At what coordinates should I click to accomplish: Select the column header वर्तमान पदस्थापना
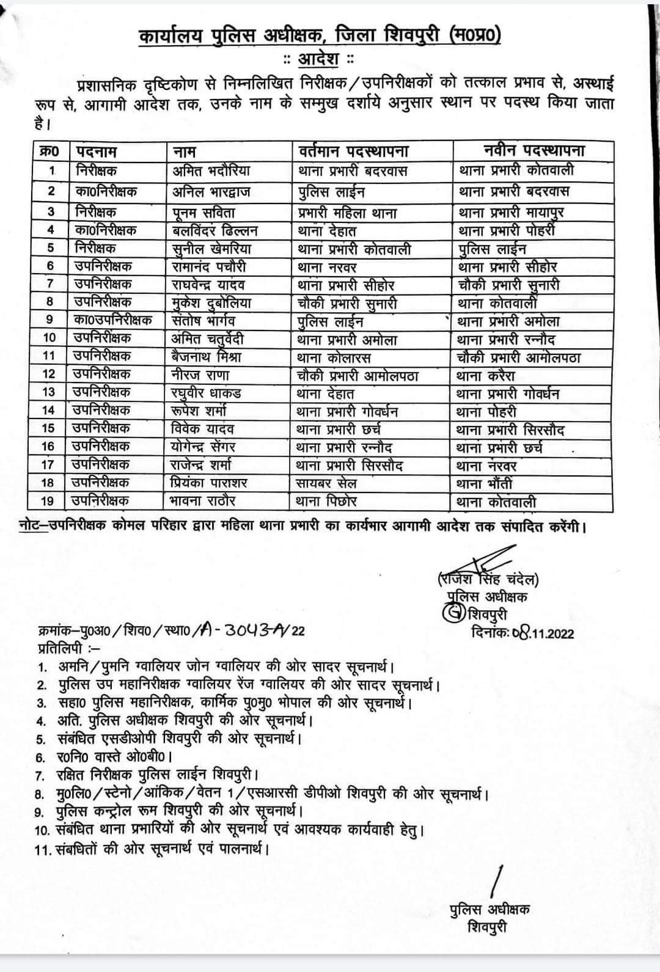354,151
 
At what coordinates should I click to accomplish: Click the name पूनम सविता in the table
204,213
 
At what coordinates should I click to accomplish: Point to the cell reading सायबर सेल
326,484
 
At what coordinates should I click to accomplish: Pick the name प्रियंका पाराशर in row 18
209,483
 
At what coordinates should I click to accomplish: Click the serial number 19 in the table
48,502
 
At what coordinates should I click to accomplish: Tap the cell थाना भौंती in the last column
485,484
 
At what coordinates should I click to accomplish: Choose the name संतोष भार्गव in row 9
205,320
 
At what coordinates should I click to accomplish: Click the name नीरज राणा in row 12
200,375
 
